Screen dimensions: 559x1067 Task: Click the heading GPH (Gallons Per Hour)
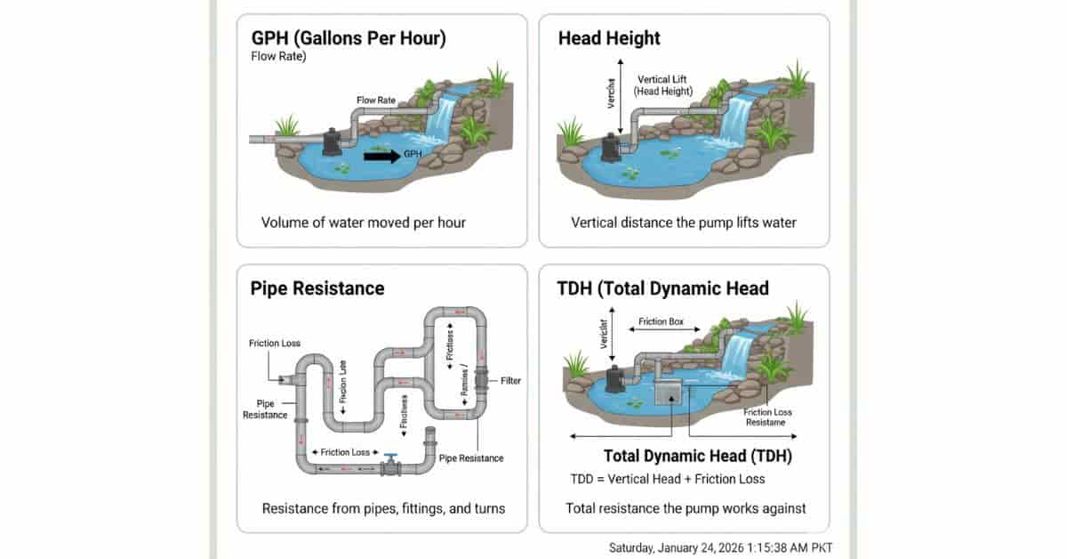pos(348,38)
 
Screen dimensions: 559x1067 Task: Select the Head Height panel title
pos(609,38)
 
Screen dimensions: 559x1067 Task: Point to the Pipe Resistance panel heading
pos(317,288)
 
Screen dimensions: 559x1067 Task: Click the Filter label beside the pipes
pos(510,381)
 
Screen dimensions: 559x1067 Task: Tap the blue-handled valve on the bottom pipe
pos(390,465)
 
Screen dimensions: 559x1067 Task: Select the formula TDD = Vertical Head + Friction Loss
pos(667,480)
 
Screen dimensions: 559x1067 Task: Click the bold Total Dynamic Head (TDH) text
pos(697,457)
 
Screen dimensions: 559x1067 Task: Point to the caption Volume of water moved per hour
pos(363,223)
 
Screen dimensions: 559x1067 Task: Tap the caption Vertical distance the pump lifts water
pos(683,223)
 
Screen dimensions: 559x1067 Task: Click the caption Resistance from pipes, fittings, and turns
pos(383,508)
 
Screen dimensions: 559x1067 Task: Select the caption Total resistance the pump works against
pos(686,508)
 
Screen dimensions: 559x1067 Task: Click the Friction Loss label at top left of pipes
pos(274,343)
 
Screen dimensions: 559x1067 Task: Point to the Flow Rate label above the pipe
pos(376,101)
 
